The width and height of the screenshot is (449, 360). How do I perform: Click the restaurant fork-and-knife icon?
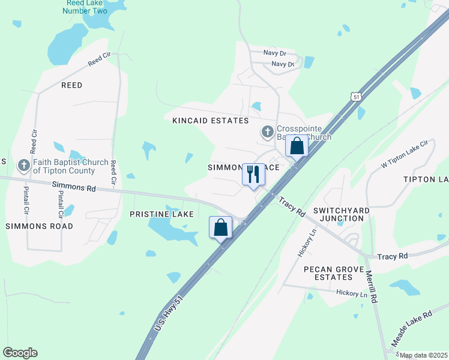click(x=253, y=175)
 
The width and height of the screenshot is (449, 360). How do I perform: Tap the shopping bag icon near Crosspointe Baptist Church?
click(x=297, y=146)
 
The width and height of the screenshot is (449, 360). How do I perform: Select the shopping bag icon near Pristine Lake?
click(x=220, y=227)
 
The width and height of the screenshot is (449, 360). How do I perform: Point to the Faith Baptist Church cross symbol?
click(x=23, y=164)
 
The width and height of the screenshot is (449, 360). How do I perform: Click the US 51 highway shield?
click(x=357, y=97)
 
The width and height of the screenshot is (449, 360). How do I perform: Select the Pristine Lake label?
click(x=161, y=214)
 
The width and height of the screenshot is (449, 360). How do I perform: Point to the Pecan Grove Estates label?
click(x=328, y=273)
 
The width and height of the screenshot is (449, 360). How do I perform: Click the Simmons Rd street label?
click(x=74, y=187)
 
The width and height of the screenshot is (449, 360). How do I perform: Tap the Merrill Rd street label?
click(x=373, y=286)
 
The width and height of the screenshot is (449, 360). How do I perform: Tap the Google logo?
click(x=20, y=353)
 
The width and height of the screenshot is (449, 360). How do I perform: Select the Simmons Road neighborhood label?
click(x=39, y=226)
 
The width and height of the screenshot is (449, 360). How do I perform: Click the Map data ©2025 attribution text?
click(x=423, y=356)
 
